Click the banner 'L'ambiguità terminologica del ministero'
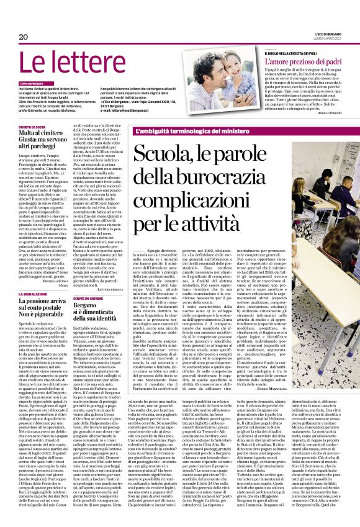point(184,130)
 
